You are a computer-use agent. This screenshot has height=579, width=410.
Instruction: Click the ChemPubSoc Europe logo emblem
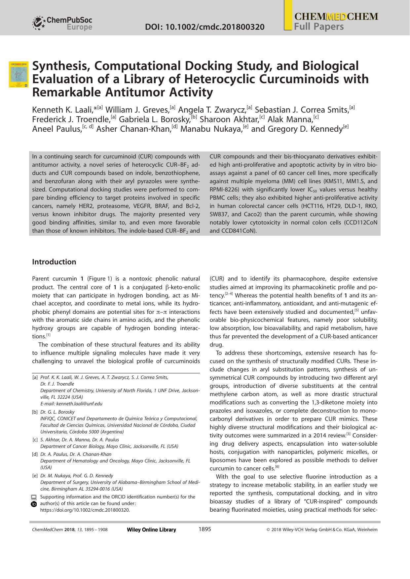point(39,23)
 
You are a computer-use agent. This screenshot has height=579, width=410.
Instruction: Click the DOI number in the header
point(205,27)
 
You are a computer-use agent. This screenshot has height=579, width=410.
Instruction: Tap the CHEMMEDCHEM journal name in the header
point(336,17)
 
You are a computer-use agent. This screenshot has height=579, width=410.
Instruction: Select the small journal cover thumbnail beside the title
point(19,74)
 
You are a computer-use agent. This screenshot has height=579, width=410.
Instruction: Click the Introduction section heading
point(54,262)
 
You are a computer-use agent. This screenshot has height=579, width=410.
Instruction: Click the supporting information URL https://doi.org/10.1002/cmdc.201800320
point(85,510)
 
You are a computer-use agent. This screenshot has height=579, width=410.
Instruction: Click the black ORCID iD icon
point(34,504)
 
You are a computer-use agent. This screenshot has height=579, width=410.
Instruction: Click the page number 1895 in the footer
point(205,529)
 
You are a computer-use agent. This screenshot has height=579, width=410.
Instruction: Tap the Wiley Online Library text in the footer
point(151,530)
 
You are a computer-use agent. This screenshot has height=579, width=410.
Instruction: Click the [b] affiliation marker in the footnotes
point(35,412)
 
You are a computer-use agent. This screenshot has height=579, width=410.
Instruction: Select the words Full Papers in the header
point(319,27)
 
